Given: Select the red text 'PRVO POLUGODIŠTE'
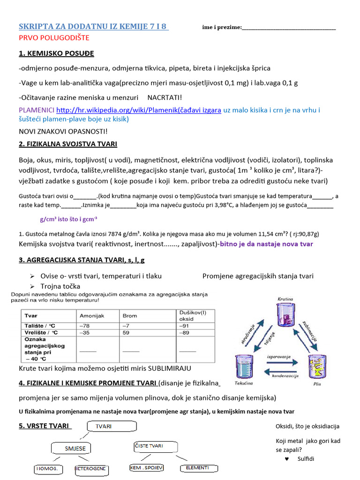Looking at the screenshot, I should click(x=54, y=37).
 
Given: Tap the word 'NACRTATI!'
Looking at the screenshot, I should click(x=165, y=97).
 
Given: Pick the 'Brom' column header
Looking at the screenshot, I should click(x=130, y=315).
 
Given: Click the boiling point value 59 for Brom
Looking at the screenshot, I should click(x=126, y=333).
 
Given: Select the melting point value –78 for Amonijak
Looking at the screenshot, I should click(x=85, y=325).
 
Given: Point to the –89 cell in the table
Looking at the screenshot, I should click(x=185, y=333).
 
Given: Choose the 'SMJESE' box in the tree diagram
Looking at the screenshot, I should click(x=75, y=449).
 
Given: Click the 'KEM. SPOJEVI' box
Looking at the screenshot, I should click(x=146, y=468).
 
